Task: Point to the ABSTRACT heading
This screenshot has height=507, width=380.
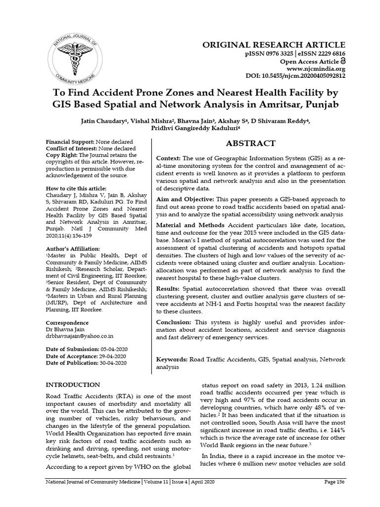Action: tap(250, 144)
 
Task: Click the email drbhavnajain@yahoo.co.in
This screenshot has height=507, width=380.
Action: tap(80, 335)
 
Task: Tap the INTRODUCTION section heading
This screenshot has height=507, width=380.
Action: tap(73, 385)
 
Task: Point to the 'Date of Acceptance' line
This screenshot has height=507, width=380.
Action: tap(85, 356)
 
